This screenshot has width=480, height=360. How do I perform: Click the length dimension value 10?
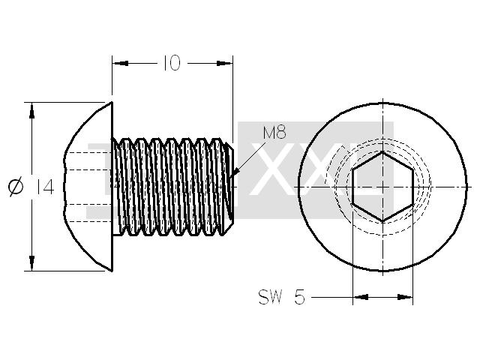pos(172,63)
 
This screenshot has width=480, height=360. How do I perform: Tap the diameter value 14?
pos(45,187)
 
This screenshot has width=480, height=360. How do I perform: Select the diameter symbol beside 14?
pos(16,187)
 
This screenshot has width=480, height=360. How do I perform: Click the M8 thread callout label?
pos(274,133)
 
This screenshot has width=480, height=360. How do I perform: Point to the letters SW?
pos(270,297)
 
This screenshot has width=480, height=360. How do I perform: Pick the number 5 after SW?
pos(300,297)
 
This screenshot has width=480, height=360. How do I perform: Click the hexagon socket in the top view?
pos(382,187)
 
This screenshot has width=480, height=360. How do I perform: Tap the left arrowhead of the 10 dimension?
pos(120,63)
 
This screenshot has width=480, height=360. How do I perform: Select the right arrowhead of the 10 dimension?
pos(224,63)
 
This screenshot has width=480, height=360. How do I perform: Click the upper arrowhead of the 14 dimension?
pos(31,111)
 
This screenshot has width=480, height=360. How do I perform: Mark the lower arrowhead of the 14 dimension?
pos(31,262)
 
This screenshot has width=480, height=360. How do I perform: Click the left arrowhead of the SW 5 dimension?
pos(361,297)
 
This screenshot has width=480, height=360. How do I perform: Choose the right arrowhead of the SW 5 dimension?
pos(405,297)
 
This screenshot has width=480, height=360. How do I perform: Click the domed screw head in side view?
pos(88,187)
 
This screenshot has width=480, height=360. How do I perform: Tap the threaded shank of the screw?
pos(172,187)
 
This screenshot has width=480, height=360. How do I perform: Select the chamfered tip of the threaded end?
pos(229,187)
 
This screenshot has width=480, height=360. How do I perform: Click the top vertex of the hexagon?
pos(382,151)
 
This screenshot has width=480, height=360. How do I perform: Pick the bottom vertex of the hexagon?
pos(382,221)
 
